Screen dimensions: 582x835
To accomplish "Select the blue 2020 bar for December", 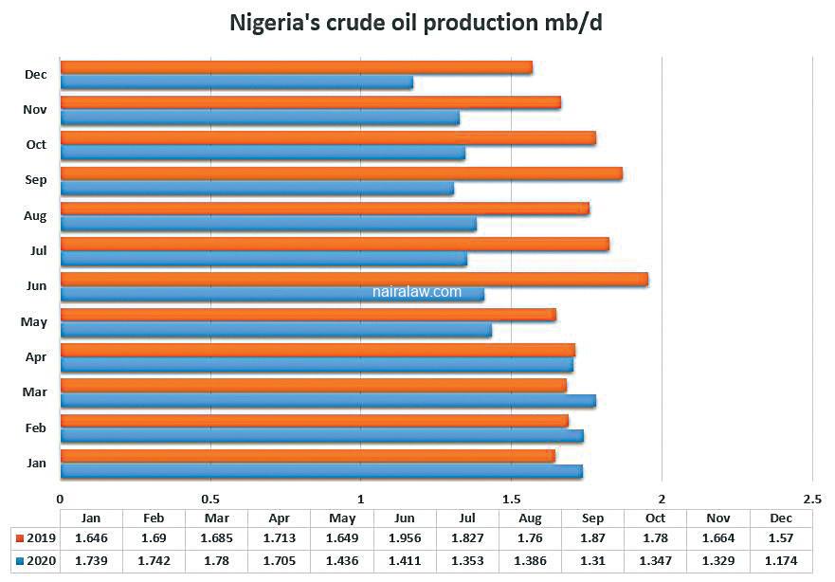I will (x=236, y=82).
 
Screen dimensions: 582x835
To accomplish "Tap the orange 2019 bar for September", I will (x=341, y=173).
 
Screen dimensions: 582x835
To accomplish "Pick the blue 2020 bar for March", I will (x=328, y=401).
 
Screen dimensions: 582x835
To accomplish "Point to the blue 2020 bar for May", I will (x=276, y=330).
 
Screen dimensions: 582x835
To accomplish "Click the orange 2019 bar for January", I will (x=307, y=456).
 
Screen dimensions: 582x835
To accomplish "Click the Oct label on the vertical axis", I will (x=36, y=144).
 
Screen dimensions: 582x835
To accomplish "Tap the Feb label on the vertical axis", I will (x=35, y=428).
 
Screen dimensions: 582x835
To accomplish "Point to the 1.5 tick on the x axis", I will (x=511, y=499).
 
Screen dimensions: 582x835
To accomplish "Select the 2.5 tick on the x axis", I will (x=811, y=499).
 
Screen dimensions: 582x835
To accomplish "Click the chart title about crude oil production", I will (x=416, y=23).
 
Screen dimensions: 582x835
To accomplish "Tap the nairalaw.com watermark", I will (x=417, y=292).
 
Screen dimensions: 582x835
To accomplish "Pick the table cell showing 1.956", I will (x=405, y=538).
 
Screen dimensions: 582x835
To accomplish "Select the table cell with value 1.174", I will (x=781, y=560).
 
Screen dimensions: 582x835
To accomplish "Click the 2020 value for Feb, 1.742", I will (x=154, y=560).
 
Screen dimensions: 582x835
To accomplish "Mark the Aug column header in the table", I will (x=530, y=518).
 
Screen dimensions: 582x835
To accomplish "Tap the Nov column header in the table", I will (x=718, y=518).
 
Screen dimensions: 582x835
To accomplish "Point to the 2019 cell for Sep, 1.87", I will (x=592, y=538).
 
